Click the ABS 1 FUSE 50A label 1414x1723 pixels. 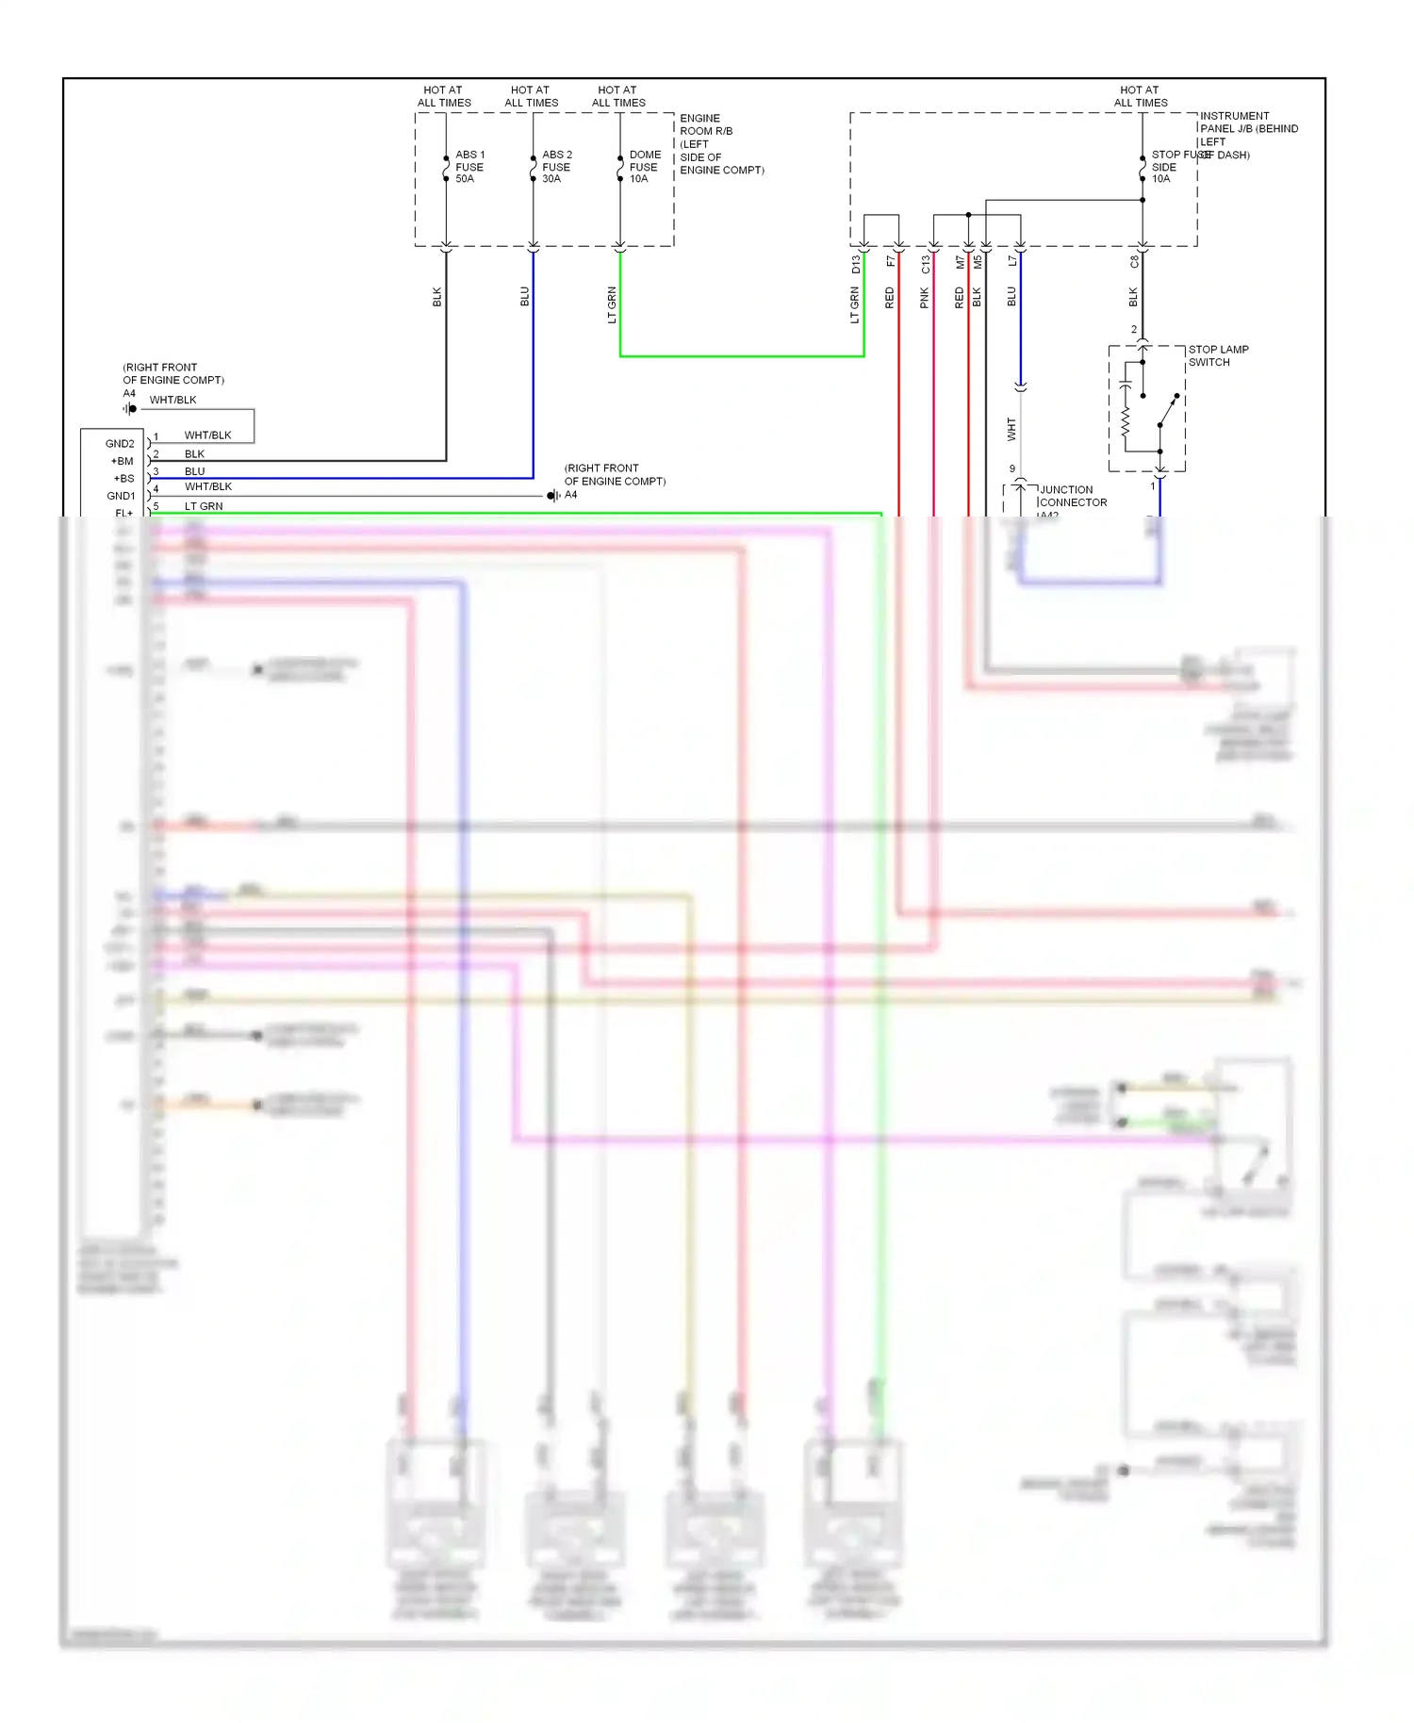pos(469,167)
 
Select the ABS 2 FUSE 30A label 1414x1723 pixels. pos(556,167)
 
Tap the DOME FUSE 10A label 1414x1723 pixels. pos(644,167)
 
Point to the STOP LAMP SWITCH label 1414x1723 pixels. pos(1217,355)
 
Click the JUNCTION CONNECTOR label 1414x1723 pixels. pos(1072,497)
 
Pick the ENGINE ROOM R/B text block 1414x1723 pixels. pos(720,144)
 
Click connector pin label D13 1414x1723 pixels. pos(856,265)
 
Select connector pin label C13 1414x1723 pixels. pos(926,265)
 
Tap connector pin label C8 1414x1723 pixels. pos(1134,262)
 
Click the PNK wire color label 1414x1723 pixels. pos(925,299)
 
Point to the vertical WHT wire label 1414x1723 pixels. pos(1011,430)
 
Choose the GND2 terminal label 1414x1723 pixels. pos(120,444)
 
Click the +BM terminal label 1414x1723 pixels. pos(122,462)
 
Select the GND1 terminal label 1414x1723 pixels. pos(121,496)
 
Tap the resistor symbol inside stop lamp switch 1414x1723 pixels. pos(1126,422)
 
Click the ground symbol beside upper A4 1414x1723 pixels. pos(129,409)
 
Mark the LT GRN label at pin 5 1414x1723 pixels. pos(204,506)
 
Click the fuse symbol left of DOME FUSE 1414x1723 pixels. pos(620,167)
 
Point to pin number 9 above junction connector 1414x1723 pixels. pos(1012,468)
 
